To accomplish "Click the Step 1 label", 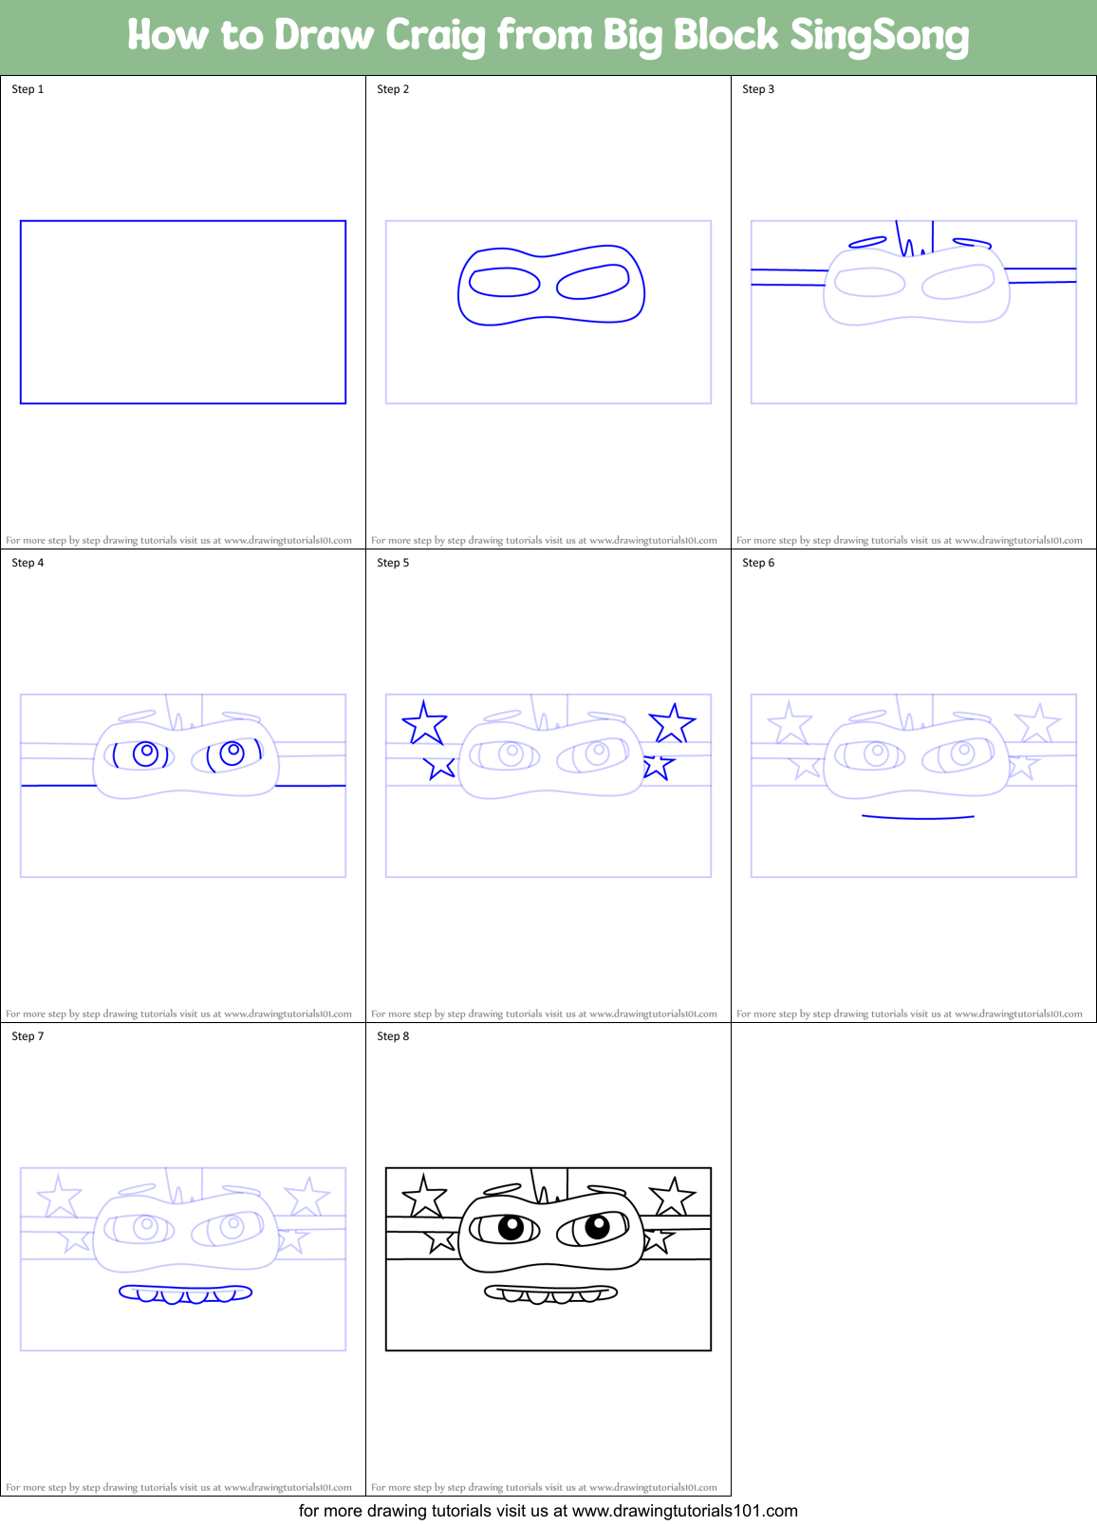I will (x=28, y=89).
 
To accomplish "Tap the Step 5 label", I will (x=393, y=563).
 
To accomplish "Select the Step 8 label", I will (x=393, y=1036).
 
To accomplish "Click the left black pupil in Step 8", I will (x=511, y=1227).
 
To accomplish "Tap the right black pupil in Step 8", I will (x=597, y=1226).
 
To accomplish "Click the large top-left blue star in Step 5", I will (x=424, y=724).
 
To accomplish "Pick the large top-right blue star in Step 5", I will (x=672, y=724).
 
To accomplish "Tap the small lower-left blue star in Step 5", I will (x=440, y=766).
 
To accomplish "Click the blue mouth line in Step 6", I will (x=918, y=816).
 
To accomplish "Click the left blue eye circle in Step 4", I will (x=145, y=753).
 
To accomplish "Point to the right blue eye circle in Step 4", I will (x=232, y=753).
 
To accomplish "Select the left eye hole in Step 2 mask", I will (x=505, y=282).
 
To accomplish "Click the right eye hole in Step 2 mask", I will (x=593, y=282).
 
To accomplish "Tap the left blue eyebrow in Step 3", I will (x=867, y=243).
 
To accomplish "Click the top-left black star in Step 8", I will (x=424, y=1198).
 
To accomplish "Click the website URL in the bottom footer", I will (x=684, y=1511).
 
